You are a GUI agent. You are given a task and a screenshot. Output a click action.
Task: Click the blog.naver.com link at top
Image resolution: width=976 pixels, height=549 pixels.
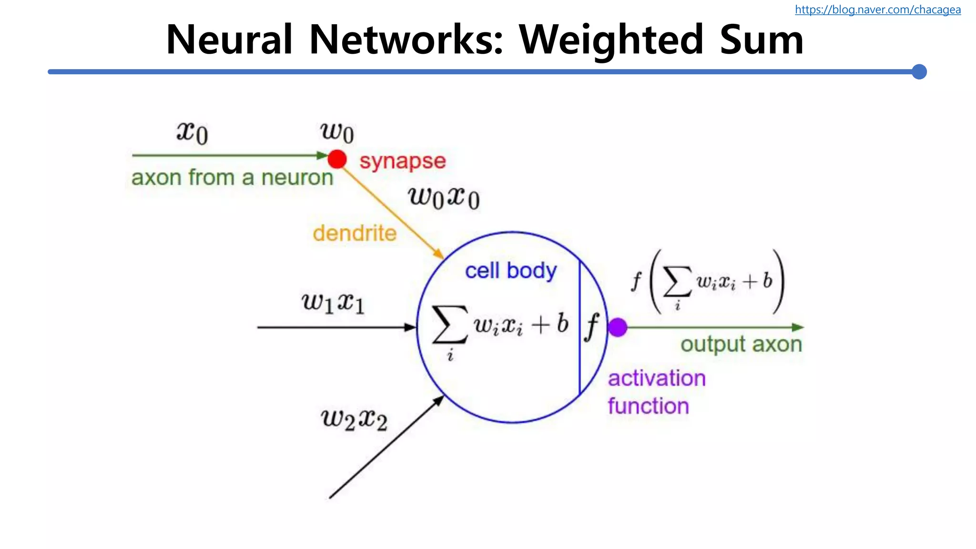[x=877, y=10]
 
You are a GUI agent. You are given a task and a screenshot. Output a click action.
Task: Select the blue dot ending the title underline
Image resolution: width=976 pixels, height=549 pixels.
[x=919, y=72]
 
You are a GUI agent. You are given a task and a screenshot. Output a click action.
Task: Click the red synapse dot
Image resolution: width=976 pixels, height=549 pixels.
[x=337, y=159]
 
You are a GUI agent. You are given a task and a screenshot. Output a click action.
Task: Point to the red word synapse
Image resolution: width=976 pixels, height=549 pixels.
[x=402, y=161]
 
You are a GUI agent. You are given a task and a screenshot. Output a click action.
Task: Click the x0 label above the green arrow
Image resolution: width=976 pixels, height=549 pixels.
[x=192, y=132]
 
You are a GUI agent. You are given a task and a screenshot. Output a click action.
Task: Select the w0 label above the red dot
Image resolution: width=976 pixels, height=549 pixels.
[x=336, y=131]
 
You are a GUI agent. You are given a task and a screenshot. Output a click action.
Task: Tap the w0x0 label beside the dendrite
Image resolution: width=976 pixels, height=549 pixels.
[x=443, y=197]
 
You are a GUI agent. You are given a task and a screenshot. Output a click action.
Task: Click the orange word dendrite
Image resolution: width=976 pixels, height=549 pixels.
[x=355, y=234]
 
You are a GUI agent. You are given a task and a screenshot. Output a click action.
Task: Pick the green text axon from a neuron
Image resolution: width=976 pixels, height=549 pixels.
[x=232, y=178]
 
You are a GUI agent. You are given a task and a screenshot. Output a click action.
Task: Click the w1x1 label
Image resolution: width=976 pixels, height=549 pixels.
[x=333, y=303]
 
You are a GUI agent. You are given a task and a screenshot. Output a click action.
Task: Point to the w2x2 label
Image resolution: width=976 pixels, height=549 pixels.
[x=354, y=419]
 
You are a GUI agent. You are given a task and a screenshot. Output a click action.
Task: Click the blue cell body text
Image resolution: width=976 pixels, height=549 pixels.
[x=510, y=271]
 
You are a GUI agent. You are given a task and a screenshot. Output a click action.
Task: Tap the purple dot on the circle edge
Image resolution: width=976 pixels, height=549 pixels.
[x=618, y=327]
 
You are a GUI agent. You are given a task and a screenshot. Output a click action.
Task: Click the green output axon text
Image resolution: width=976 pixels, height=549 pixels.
[x=741, y=345]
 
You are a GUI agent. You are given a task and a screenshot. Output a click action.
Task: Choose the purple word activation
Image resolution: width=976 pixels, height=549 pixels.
[x=657, y=378]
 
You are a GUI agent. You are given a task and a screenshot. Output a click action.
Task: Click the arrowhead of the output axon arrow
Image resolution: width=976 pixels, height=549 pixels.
[x=798, y=327]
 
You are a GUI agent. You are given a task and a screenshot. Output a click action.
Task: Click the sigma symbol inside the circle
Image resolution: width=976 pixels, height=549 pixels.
[x=449, y=325]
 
